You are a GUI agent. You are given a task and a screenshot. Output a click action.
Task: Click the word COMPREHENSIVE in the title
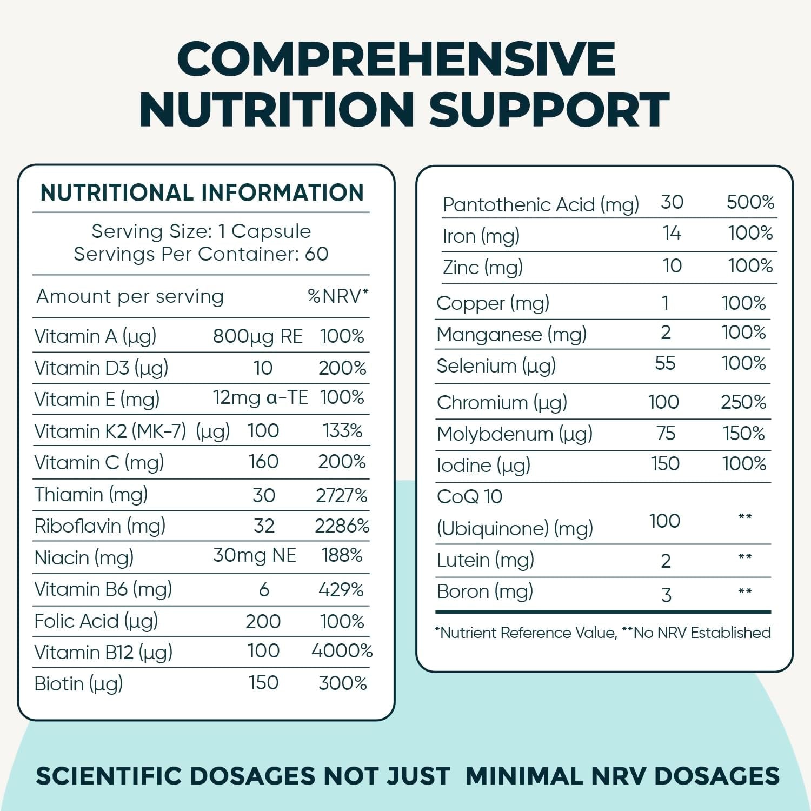(396, 59)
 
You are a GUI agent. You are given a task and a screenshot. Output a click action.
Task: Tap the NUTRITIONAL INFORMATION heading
(202, 193)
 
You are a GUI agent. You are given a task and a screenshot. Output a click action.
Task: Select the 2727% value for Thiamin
(342, 495)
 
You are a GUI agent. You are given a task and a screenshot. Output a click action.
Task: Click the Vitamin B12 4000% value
(342, 651)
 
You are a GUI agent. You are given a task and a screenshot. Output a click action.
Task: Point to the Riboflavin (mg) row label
(99, 526)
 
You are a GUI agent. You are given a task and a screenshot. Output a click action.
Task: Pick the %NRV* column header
(338, 296)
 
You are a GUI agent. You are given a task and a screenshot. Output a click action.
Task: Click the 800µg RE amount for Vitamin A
(257, 336)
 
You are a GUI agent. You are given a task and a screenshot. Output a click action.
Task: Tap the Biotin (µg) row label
(78, 684)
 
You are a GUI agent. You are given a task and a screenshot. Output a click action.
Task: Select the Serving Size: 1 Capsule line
(201, 231)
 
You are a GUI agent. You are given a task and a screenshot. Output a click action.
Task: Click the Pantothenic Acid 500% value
(750, 202)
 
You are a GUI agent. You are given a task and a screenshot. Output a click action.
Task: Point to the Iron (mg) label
(481, 236)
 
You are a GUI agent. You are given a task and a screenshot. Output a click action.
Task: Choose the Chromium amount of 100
(663, 402)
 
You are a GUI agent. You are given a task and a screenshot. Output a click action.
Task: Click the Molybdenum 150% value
(743, 434)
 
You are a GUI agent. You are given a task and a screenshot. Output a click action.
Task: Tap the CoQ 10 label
(469, 496)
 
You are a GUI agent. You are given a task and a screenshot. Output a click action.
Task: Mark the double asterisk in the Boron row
(744, 591)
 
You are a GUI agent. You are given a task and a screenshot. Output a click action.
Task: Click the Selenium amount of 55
(665, 363)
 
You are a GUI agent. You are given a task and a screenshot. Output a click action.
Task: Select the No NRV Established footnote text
(702, 633)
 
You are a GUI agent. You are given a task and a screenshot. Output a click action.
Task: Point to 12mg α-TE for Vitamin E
(260, 398)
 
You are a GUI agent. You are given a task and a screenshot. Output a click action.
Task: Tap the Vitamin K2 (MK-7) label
(110, 431)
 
